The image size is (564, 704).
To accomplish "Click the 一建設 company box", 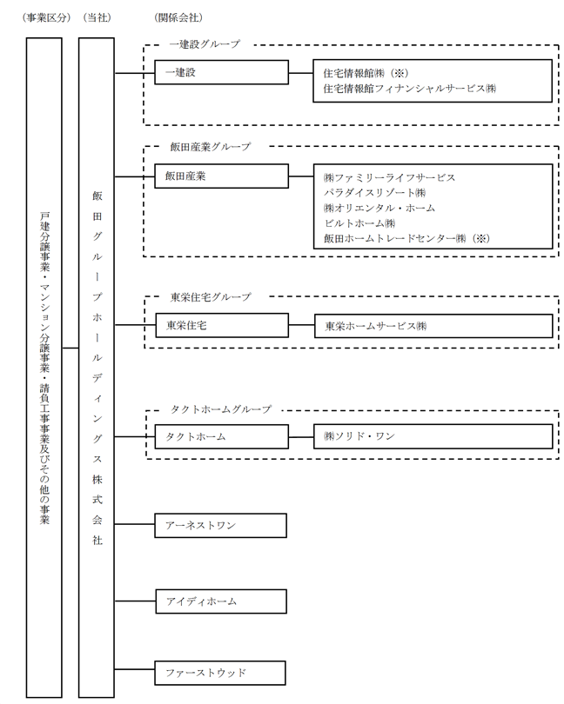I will pyautogui.click(x=221, y=73).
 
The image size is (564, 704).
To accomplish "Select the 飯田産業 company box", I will pyautogui.click(x=221, y=176).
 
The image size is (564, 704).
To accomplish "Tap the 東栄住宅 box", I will pyautogui.click(x=221, y=325).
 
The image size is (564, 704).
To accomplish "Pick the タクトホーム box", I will pyautogui.click(x=221, y=436).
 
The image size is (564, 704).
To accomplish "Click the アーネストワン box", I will pyautogui.click(x=221, y=525).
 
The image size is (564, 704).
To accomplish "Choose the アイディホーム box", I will pyautogui.click(x=221, y=601).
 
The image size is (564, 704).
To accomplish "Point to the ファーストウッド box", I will pyautogui.click(x=221, y=673).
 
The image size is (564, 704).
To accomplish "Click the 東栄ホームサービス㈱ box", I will pyautogui.click(x=432, y=326).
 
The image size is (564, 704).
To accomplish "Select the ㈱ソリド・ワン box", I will pyautogui.click(x=432, y=436).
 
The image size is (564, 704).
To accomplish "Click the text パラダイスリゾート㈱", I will pyautogui.click(x=373, y=192).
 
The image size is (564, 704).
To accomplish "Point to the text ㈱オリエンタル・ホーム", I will pyautogui.click(x=379, y=208).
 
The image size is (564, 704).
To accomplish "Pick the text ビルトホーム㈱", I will pyautogui.click(x=359, y=222).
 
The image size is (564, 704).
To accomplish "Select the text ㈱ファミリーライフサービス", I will pyautogui.click(x=389, y=177).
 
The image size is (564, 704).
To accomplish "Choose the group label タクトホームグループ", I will pyautogui.click(x=218, y=408).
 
